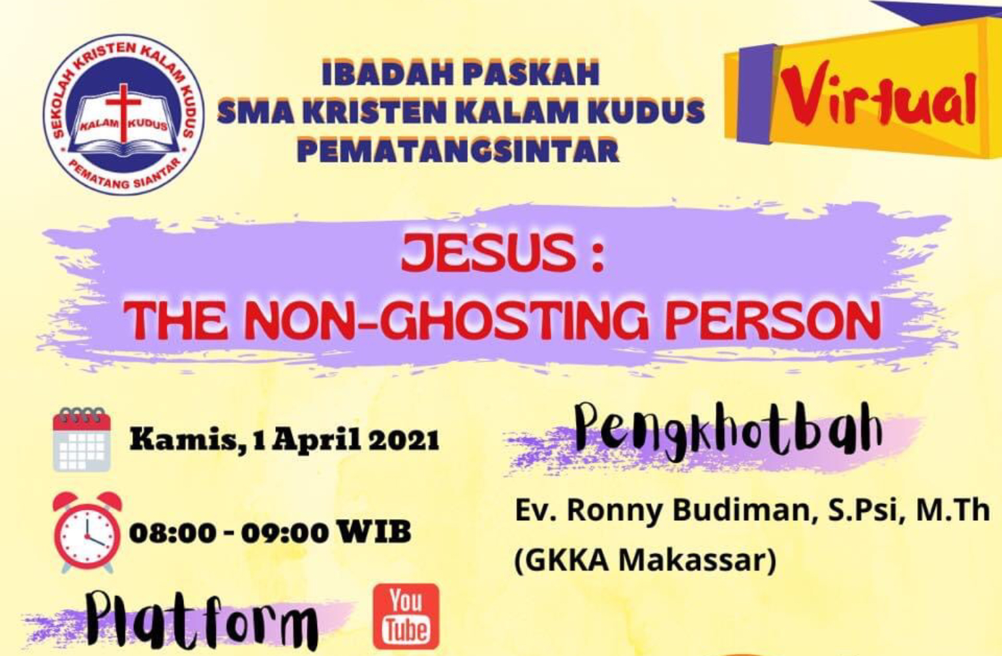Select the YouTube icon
[406, 617]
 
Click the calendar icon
[82, 439]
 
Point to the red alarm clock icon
[87, 533]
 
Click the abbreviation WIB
[374, 532]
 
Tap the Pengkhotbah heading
[729, 430]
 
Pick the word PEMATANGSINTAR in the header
[459, 151]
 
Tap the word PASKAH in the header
[531, 73]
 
